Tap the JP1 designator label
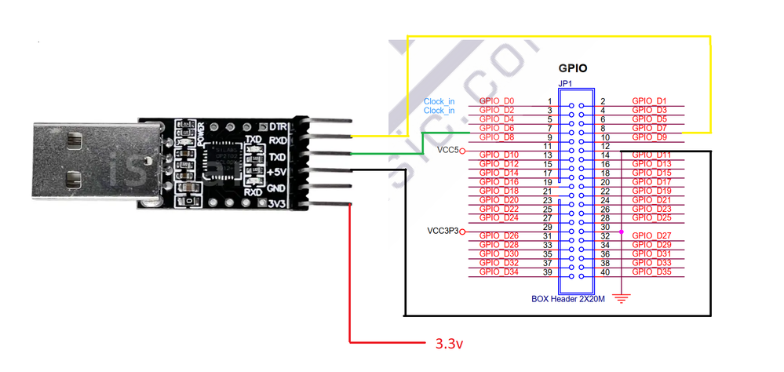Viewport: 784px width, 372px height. coord(564,83)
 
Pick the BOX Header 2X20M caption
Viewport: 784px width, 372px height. coord(569,299)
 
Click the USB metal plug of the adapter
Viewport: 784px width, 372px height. coord(78,161)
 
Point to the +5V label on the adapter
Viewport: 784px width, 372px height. coord(276,173)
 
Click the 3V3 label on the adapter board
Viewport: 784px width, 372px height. coord(277,205)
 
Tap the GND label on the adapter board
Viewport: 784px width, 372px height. coord(276,189)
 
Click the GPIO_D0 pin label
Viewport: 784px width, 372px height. coord(496,101)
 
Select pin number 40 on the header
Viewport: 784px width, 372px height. coord(605,272)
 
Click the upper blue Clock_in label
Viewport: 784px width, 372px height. coord(439,101)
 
